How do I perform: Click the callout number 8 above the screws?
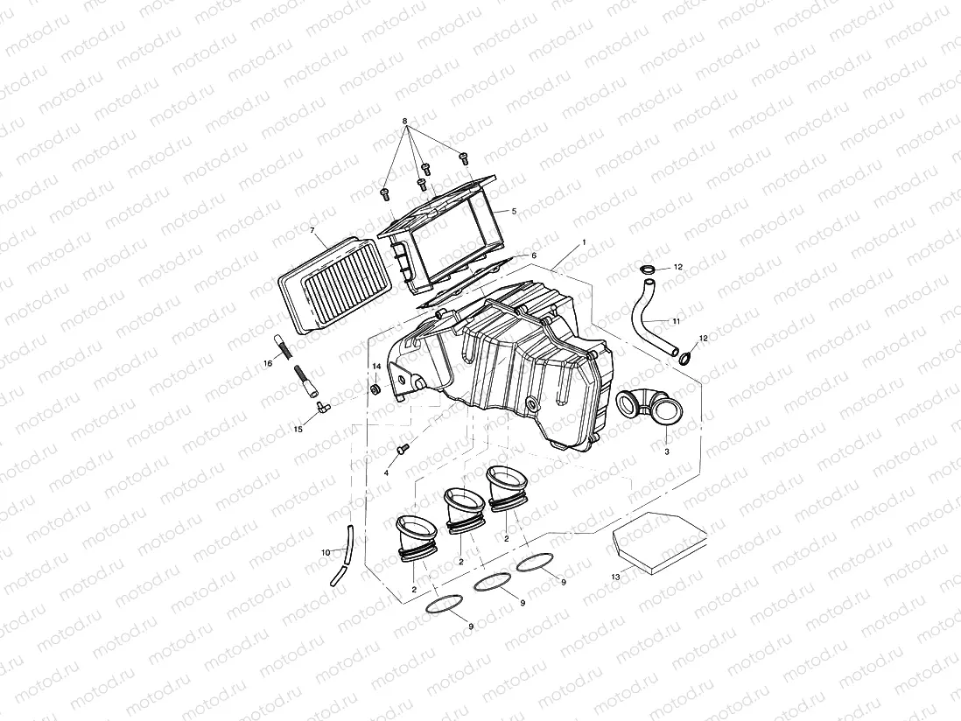point(405,120)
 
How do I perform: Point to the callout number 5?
point(514,212)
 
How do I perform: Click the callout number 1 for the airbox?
point(583,241)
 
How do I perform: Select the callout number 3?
point(666,451)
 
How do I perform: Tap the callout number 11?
point(676,321)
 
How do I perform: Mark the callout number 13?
point(615,577)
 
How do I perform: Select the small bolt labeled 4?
point(401,448)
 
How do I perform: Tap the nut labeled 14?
point(375,388)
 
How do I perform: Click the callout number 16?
point(268,362)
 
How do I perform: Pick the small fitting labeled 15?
point(320,406)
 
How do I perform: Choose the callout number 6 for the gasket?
point(533,255)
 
